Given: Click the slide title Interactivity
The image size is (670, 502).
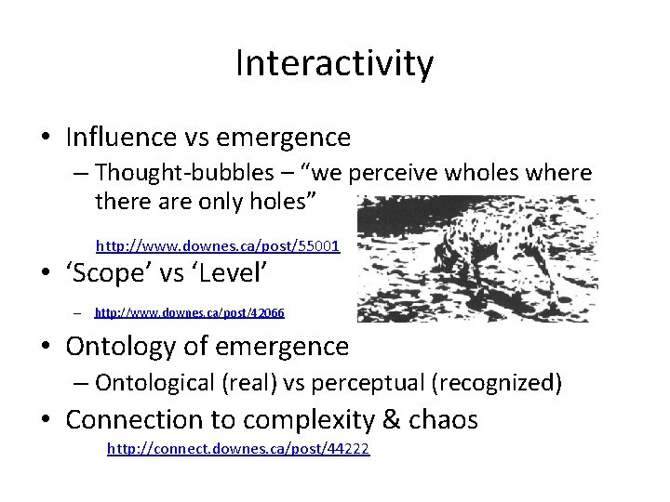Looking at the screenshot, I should (334, 64).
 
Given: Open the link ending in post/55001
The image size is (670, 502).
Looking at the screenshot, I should (218, 246).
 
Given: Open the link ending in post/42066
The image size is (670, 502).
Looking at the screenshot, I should (190, 313).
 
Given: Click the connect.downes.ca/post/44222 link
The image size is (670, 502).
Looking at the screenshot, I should (238, 449).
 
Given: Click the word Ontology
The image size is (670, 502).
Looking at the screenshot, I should (122, 347).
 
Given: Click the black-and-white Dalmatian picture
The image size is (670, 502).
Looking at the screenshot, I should (477, 258).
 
